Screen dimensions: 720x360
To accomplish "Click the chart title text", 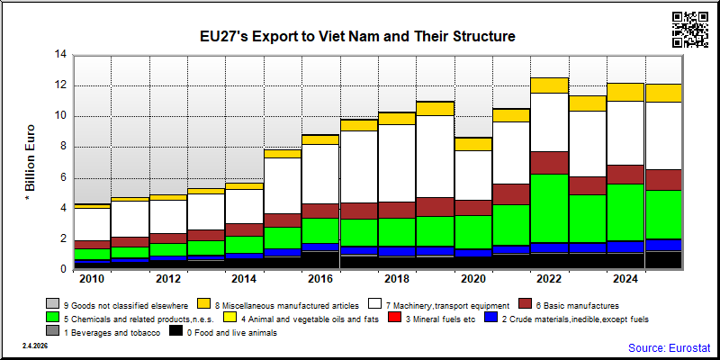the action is [x=357, y=36].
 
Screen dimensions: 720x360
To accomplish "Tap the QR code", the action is [x=690, y=30].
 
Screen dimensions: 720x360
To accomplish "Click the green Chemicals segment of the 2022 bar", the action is [x=550, y=209].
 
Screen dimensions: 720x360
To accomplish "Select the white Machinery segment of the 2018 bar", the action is [x=397, y=164].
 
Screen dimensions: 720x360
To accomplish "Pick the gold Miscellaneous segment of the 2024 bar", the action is [x=625, y=93].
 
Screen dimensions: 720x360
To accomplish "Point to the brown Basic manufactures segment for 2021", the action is [x=511, y=194].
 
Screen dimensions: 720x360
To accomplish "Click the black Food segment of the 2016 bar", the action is [x=321, y=260].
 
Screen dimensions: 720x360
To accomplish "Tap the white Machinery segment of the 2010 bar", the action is [x=93, y=224].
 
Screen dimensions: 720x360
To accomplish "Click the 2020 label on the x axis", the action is [x=473, y=279].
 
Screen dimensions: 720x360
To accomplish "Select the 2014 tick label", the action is [x=245, y=279].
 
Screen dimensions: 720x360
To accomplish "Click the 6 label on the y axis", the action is [x=64, y=177].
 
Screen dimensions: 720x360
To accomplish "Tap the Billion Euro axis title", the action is [x=30, y=163].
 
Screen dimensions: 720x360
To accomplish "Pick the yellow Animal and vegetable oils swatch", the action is [x=229, y=318].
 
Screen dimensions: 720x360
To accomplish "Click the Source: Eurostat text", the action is [x=670, y=347].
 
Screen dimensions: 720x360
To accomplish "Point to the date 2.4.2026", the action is [x=35, y=346].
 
